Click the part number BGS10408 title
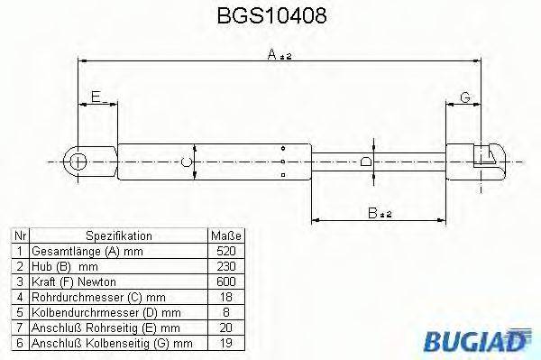[270, 16]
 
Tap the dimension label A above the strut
[272, 54]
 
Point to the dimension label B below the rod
[371, 214]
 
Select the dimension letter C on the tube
[185, 163]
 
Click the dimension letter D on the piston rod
[365, 163]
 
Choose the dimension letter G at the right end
[464, 97]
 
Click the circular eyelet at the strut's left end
[78, 163]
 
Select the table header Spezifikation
[117, 235]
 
